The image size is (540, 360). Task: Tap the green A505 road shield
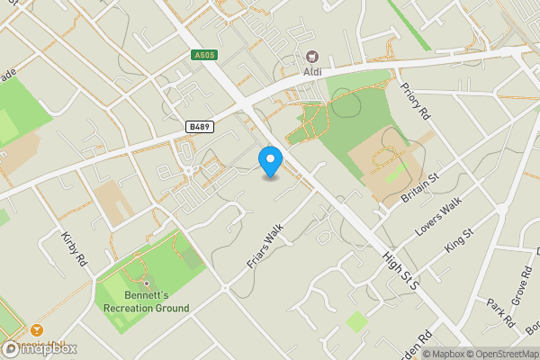[204, 55]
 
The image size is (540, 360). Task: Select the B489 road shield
[200, 128]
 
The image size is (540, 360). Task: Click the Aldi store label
[312, 71]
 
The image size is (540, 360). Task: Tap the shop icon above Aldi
[312, 56]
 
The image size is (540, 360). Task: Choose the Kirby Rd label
[74, 247]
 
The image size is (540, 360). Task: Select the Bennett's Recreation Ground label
[146, 301]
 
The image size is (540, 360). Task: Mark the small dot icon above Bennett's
[146, 283]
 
